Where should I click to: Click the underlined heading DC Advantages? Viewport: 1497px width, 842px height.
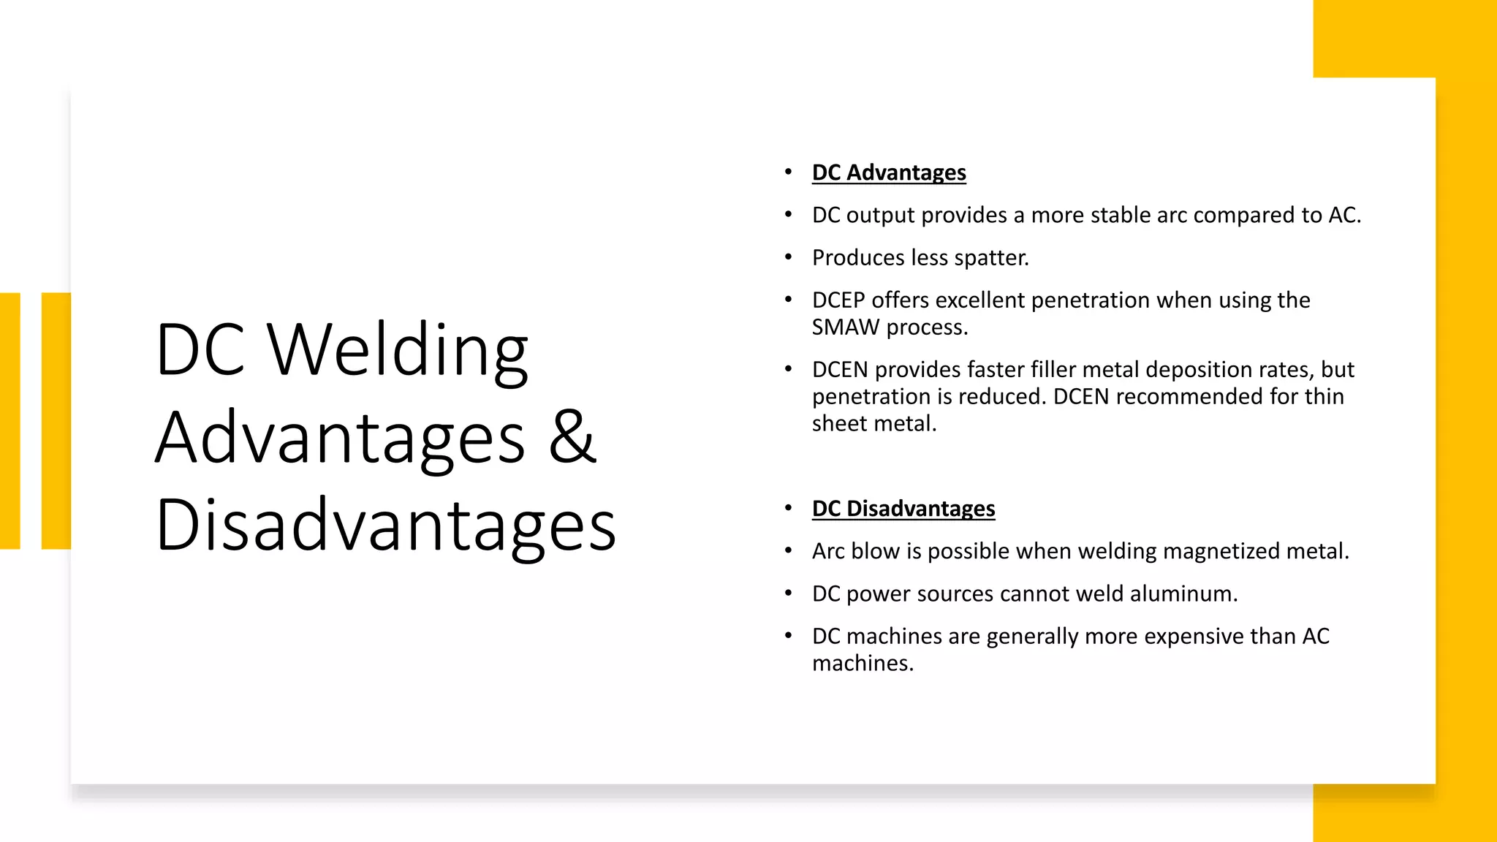(888, 172)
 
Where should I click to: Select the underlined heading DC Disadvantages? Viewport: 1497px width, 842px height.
(903, 509)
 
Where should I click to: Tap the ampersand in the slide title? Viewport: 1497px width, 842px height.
(572, 436)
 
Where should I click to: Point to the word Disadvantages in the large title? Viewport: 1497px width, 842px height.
(386, 525)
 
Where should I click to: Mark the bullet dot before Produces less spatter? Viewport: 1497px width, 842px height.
(788, 257)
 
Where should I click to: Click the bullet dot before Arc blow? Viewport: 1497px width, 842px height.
(788, 550)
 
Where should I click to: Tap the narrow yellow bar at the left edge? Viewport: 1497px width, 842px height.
(10, 420)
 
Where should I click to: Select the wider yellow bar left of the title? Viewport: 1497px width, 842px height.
(56, 420)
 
